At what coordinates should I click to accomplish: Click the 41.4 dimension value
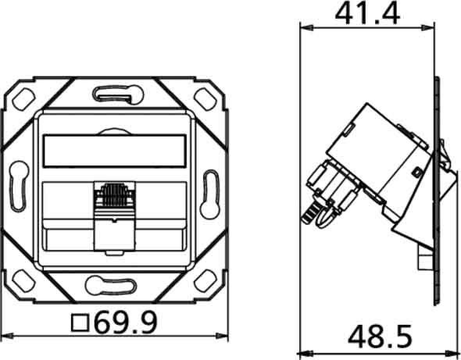[x=367, y=14]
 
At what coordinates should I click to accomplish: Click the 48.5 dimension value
[x=380, y=337]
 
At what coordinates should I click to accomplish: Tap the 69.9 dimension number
[x=126, y=323]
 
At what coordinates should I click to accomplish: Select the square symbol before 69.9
[x=80, y=323]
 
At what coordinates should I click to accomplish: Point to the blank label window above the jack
[x=115, y=151]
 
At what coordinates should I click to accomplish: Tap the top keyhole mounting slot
[x=118, y=94]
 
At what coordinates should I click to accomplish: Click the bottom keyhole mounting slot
[x=111, y=285]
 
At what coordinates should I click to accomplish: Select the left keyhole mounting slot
[x=19, y=186]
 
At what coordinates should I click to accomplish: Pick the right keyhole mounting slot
[x=210, y=194]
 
